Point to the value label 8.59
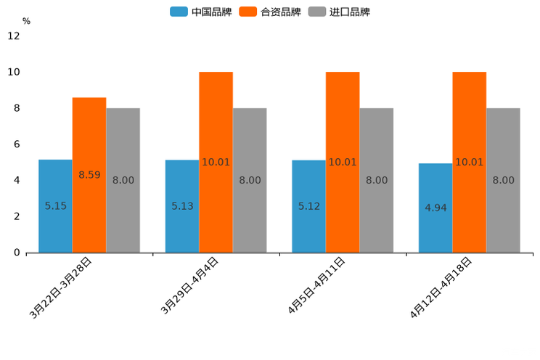coord(89,175)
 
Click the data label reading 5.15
coord(55,206)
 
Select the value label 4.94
coord(435,208)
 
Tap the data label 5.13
coord(182,206)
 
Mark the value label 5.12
coord(309,206)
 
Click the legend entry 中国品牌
coord(202,12)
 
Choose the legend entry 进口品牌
coord(340,12)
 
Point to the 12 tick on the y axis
coord(14,36)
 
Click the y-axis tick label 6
coord(17,144)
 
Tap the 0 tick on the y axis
coord(17,253)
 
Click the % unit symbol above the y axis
coord(26,22)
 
